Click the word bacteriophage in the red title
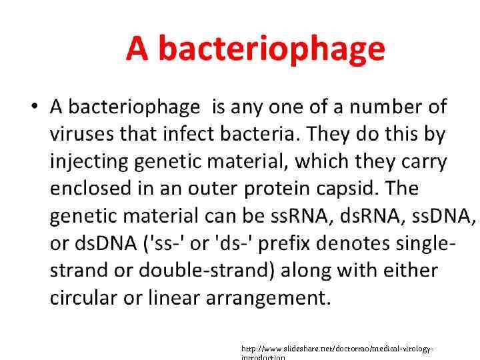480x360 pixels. [272, 49]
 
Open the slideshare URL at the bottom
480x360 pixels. [337, 349]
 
